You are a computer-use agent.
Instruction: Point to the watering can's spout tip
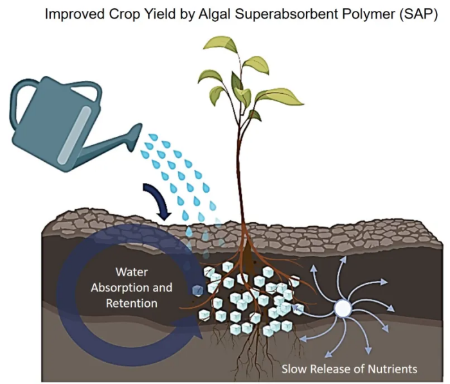click(x=138, y=132)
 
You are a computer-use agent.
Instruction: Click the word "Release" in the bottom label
click(x=332, y=369)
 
